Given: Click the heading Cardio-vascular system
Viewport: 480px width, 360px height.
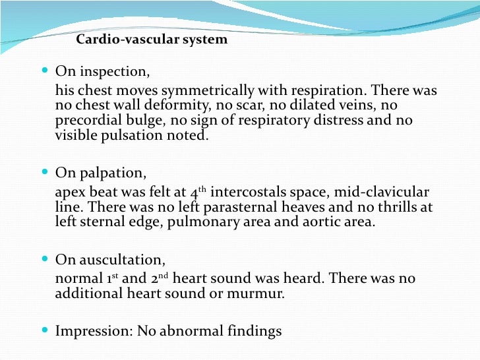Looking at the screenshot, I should [152, 40].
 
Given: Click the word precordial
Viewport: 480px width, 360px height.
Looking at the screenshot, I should [84, 121].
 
